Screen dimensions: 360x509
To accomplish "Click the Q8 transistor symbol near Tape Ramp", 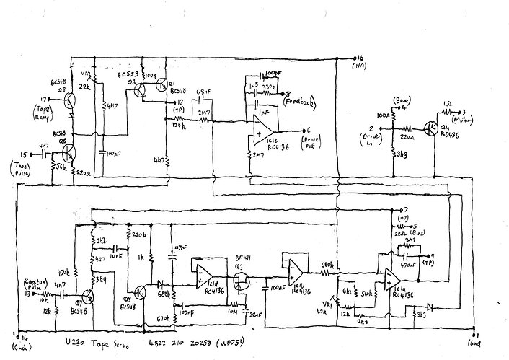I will pyautogui.click(x=69, y=102).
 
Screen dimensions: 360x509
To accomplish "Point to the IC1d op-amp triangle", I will pyautogui.click(x=200, y=271).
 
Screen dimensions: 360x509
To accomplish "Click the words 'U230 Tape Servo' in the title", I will pyautogui.click(x=86, y=341).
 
